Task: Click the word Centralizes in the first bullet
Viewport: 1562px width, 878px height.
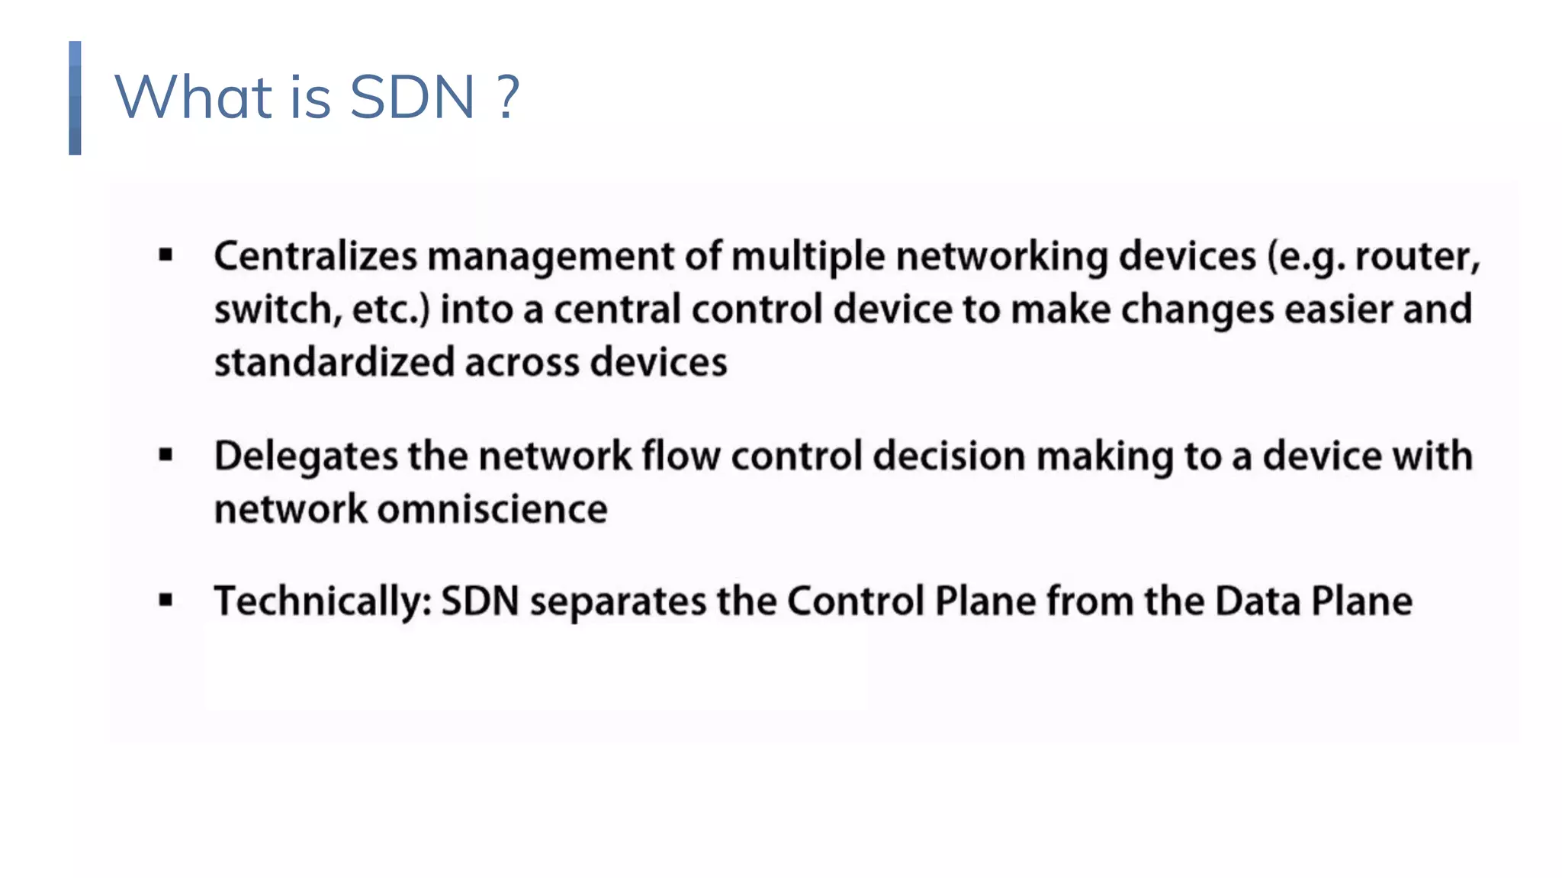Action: pos(315,256)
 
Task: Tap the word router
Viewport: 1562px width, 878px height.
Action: pos(1417,256)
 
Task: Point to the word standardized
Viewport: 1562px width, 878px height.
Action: pos(334,362)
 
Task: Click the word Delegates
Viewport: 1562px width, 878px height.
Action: pos(306,457)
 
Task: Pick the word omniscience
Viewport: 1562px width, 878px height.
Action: pos(493,509)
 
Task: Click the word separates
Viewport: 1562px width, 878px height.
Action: pos(618,601)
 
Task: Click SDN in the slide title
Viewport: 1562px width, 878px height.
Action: pos(412,98)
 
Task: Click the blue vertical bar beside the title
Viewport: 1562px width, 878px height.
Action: pos(75,98)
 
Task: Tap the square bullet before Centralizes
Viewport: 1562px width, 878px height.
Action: pos(166,256)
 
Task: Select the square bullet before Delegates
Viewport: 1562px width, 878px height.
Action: pos(166,456)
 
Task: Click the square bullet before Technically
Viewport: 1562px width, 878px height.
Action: pos(166,601)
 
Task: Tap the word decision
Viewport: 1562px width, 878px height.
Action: pos(949,457)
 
